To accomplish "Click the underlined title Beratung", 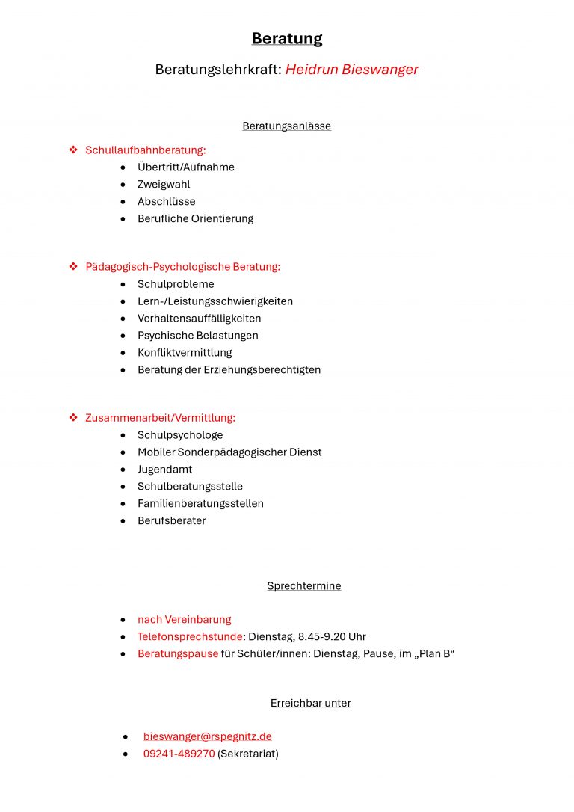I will (x=287, y=39).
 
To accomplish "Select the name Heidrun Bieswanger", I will (x=351, y=70).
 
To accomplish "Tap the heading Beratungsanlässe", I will (x=286, y=126).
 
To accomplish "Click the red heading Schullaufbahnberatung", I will (x=145, y=150).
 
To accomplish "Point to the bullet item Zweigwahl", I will (x=164, y=185).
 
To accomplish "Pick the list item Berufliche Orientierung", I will (x=195, y=219).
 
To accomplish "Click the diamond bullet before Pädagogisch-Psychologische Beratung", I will (x=73, y=266).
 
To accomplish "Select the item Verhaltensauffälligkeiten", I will (x=199, y=319).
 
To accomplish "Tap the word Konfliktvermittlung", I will (x=185, y=353).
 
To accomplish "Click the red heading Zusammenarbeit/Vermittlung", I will (x=160, y=418).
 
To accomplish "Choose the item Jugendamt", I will (x=164, y=470).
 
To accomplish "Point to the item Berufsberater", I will (x=171, y=521).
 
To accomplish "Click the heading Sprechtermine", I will (x=303, y=586).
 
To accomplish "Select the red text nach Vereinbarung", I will (x=184, y=620).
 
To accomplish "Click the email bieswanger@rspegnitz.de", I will (x=207, y=737).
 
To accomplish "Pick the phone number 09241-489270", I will (x=179, y=754).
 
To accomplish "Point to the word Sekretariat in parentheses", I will (x=247, y=754).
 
